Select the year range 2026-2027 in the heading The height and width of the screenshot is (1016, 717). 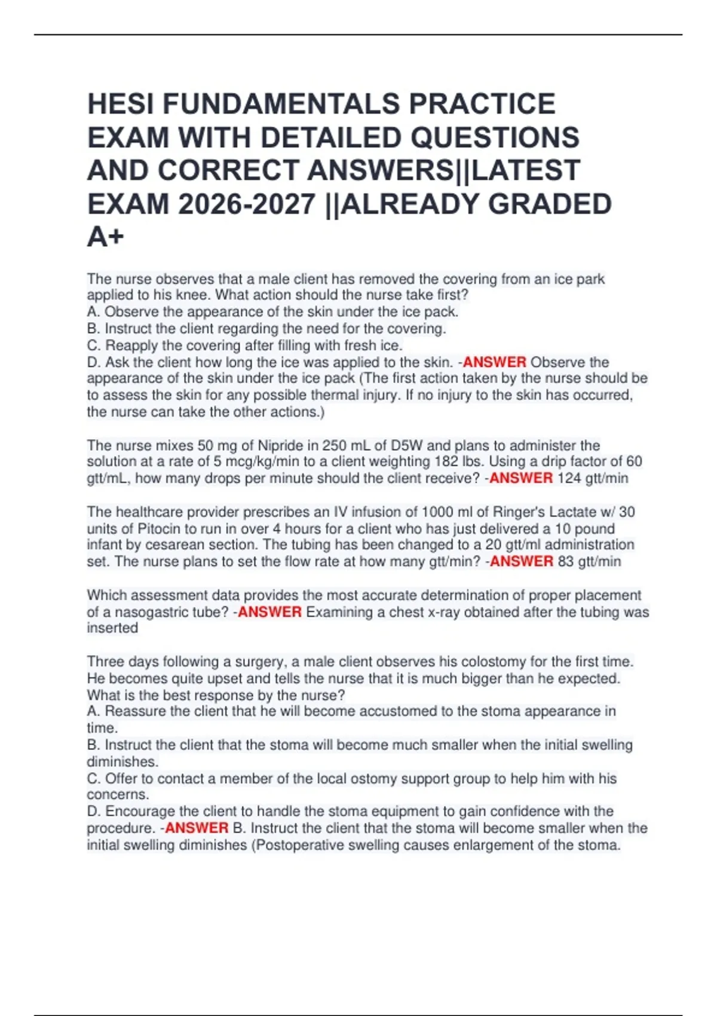pyautogui.click(x=246, y=204)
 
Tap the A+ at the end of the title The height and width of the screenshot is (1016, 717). pyautogui.click(x=105, y=237)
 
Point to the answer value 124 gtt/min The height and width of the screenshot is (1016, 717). pyautogui.click(x=593, y=478)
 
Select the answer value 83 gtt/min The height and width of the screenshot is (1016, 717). pyautogui.click(x=589, y=561)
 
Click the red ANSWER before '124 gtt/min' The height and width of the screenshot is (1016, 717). pyautogui.click(x=521, y=478)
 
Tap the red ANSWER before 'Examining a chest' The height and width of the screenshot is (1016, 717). pyautogui.click(x=269, y=612)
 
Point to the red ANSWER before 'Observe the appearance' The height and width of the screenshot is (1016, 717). pyautogui.click(x=495, y=362)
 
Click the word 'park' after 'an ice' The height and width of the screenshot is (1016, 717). pyautogui.click(x=590, y=279)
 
